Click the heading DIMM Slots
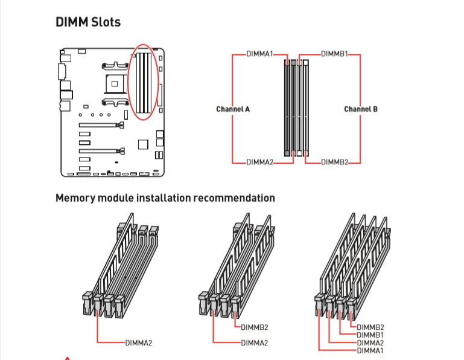(x=88, y=22)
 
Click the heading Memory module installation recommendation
(x=165, y=198)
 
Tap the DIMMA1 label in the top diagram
(x=259, y=54)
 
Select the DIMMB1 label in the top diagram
(x=334, y=54)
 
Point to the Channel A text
(x=233, y=109)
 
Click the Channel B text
(x=361, y=109)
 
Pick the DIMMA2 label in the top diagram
(x=259, y=162)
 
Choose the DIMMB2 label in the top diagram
(x=334, y=162)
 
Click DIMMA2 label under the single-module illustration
(x=139, y=343)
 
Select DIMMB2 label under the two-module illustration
(x=254, y=328)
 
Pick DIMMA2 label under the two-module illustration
(x=254, y=343)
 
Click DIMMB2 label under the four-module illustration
(x=370, y=327)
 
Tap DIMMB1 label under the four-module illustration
(x=370, y=335)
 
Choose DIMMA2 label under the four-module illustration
(x=370, y=342)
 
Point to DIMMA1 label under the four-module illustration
(x=370, y=350)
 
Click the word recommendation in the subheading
(x=237, y=198)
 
